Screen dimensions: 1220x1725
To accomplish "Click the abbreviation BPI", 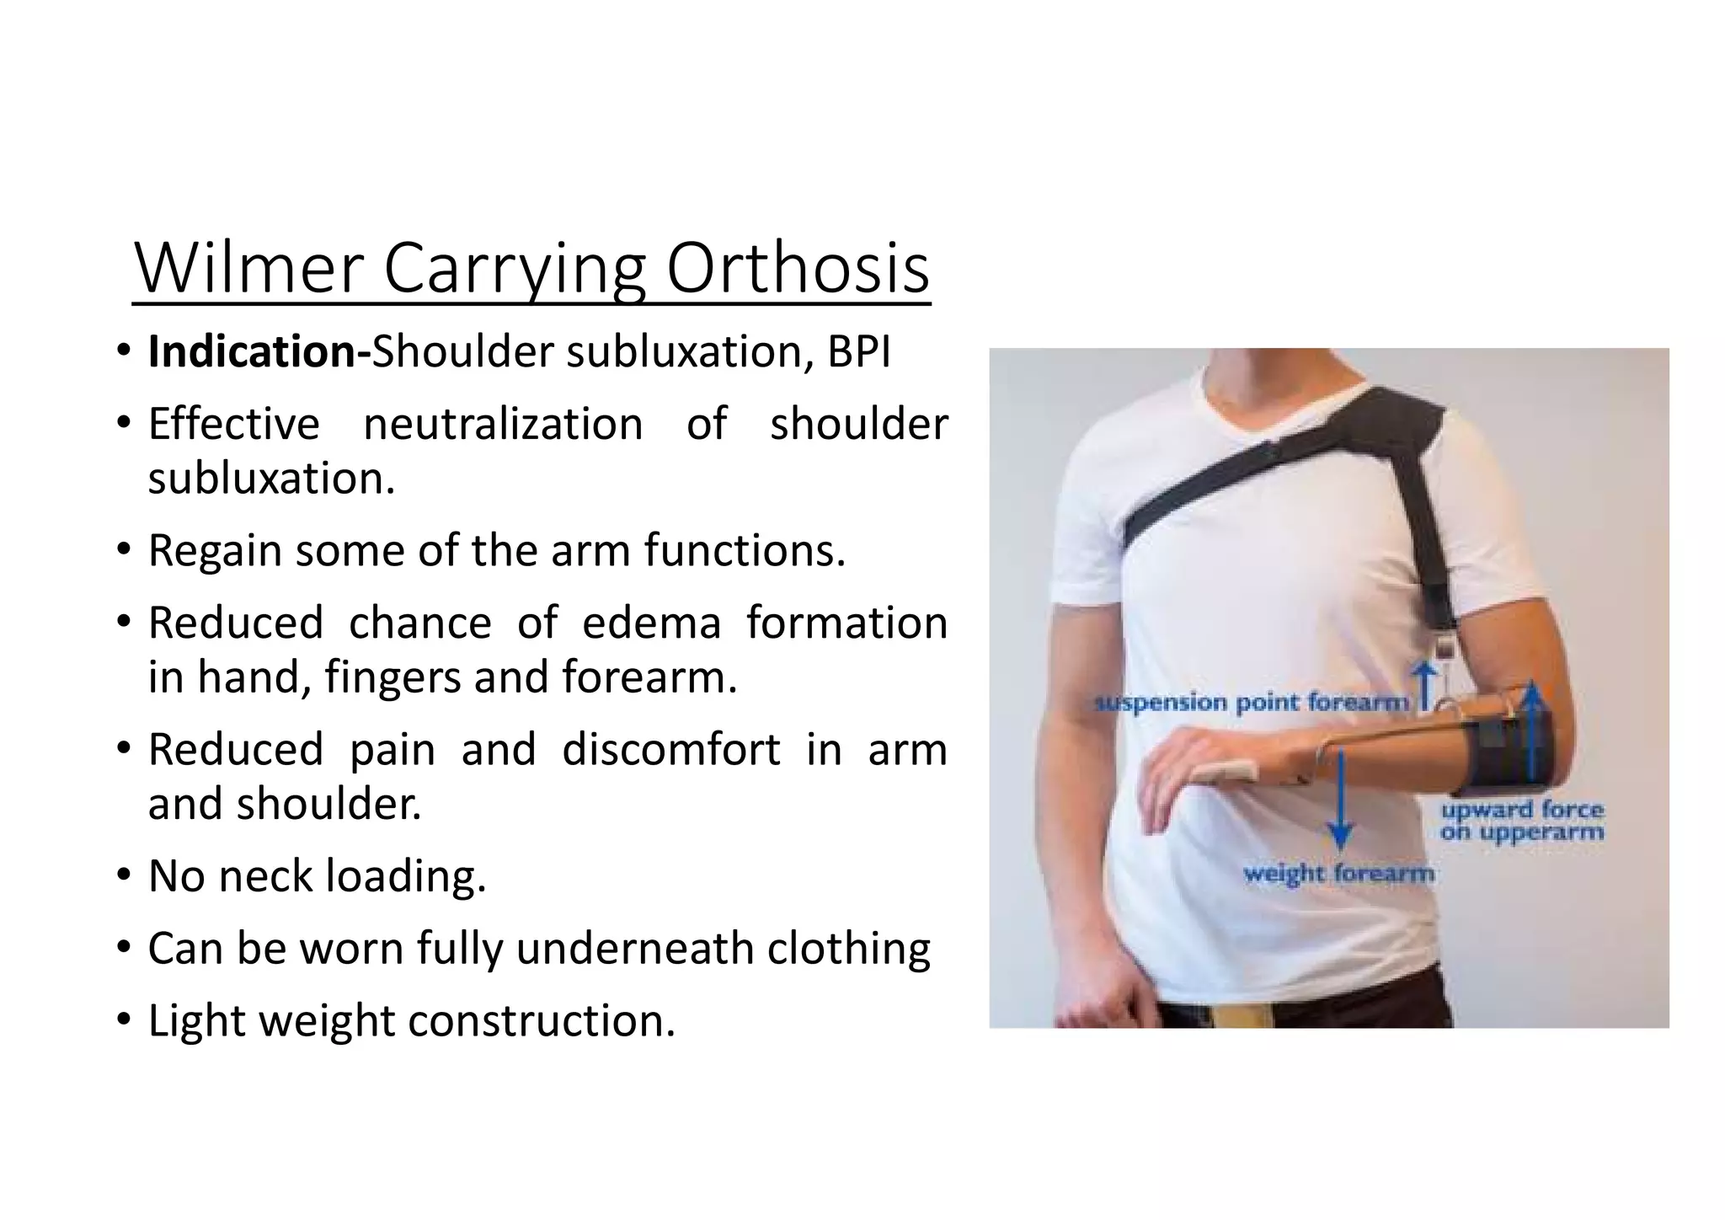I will [858, 352].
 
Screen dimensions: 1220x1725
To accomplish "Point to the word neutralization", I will [503, 424].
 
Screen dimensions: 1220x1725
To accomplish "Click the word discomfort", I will [670, 750].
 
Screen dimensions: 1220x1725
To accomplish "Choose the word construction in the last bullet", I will [542, 1021].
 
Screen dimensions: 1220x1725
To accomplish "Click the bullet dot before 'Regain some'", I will [124, 551].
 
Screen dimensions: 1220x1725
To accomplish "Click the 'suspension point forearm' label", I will [1250, 703].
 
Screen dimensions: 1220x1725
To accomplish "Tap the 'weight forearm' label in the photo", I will [1338, 874].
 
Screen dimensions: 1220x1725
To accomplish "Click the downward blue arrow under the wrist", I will [1341, 800].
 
